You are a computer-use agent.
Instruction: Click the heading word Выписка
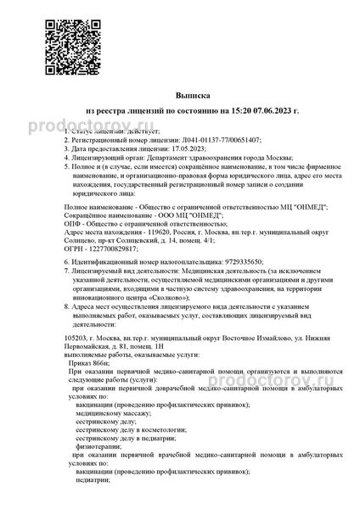point(181,97)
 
